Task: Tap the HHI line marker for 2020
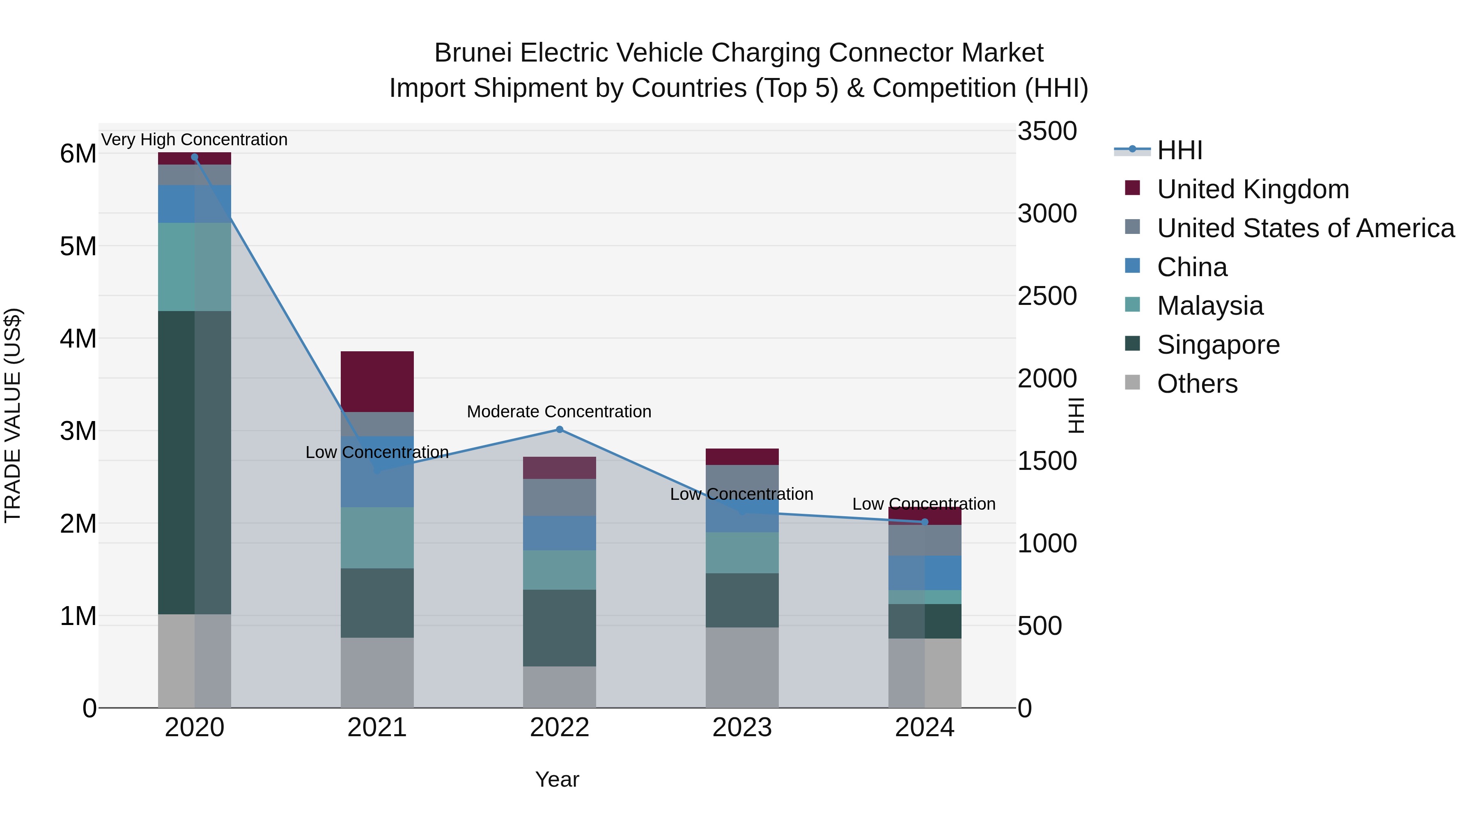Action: [195, 157]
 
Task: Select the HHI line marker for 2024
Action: [924, 522]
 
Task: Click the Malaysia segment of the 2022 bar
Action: [560, 570]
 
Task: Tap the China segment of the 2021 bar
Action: [377, 472]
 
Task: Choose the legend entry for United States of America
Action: [1305, 228]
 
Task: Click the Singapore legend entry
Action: [1218, 345]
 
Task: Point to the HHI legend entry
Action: [1179, 150]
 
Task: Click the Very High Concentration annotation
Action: [195, 140]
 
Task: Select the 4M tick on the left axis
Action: [78, 339]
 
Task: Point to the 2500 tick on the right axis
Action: [1047, 296]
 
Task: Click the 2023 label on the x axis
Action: [742, 728]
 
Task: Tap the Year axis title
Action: [557, 779]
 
